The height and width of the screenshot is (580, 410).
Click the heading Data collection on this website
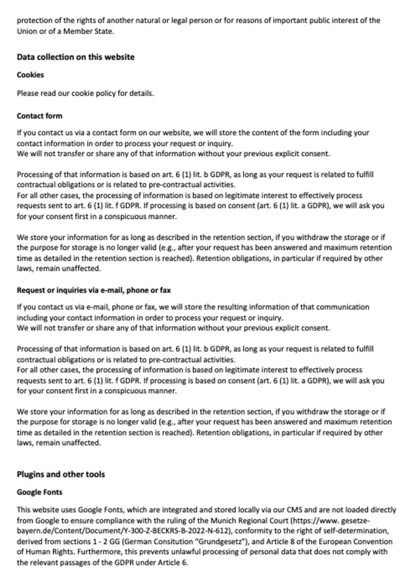point(75,57)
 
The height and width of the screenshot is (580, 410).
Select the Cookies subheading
point(30,75)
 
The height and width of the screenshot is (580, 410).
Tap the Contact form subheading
point(40,116)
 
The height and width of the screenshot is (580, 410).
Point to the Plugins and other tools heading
point(61,474)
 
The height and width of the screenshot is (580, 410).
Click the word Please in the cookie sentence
point(27,93)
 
